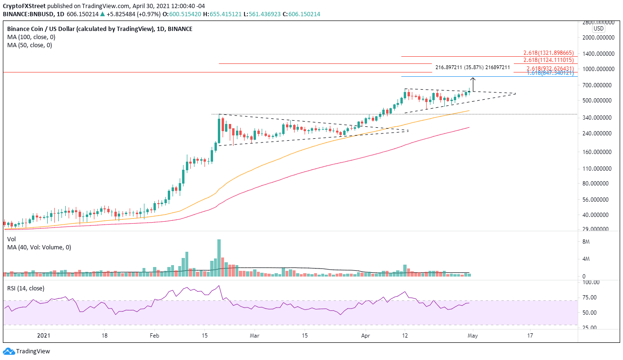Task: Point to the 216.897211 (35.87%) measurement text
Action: [x=472, y=68]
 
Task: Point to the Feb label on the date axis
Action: [x=153, y=335]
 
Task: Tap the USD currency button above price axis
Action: [x=598, y=29]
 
